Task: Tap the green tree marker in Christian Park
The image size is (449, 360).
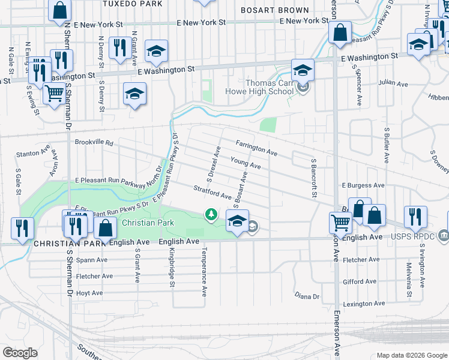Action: (211, 214)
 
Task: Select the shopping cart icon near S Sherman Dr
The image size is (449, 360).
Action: (55, 94)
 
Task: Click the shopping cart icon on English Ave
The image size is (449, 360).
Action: (340, 223)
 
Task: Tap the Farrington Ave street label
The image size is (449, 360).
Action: (256, 148)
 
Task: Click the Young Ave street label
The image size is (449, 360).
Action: (246, 162)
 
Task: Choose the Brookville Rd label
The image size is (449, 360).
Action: (94, 143)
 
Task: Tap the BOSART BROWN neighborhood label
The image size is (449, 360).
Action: (274, 10)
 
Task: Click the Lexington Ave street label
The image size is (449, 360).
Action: (364, 304)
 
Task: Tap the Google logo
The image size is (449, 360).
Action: (20, 352)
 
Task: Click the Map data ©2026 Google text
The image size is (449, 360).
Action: (411, 355)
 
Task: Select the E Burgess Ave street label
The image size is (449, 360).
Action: (361, 186)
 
